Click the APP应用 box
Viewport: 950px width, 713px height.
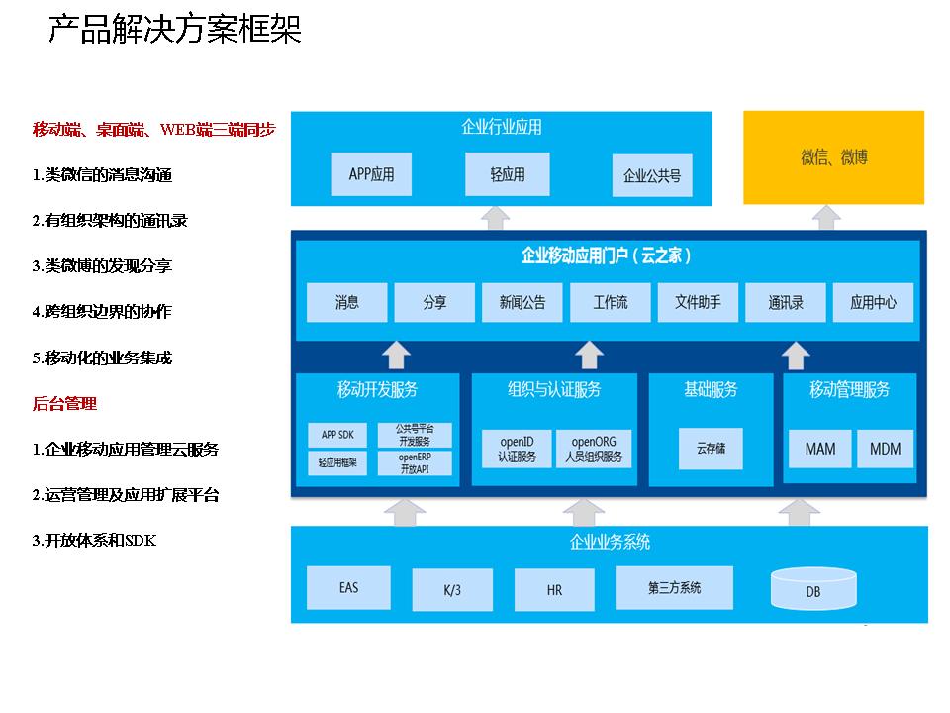[x=371, y=174]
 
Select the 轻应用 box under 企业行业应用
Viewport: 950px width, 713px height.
[x=507, y=174]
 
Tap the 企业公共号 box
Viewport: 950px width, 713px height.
[x=652, y=176]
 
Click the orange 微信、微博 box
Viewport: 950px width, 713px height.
[x=833, y=157]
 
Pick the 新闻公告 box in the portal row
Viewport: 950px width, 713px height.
[x=522, y=303]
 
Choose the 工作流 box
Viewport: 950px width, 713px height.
[x=610, y=303]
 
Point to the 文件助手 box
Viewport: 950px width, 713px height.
[x=698, y=303]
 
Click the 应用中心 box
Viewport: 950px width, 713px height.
[x=873, y=303]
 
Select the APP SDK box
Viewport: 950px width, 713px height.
[x=337, y=435]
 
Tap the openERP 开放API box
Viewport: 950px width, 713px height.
[x=415, y=462]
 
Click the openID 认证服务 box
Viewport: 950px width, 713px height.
[x=517, y=449]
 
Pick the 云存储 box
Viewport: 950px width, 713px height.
[x=710, y=449]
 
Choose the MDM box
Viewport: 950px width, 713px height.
[x=885, y=449]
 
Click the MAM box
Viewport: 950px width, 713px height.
[x=819, y=449]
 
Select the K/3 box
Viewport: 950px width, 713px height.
[x=451, y=590]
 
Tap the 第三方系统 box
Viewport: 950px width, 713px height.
[x=674, y=588]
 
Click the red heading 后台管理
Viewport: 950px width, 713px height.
[x=64, y=404]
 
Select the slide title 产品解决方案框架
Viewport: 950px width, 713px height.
[x=175, y=31]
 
